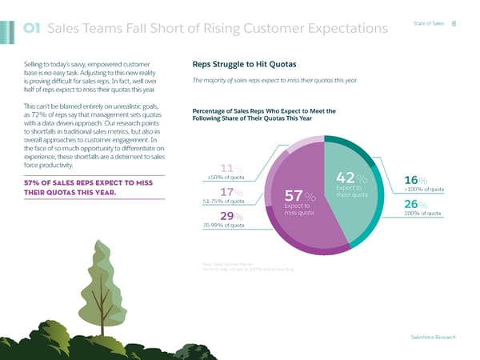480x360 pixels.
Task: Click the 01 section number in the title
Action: coord(34,28)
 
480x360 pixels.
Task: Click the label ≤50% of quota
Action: coord(225,177)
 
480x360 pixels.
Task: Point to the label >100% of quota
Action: coord(424,189)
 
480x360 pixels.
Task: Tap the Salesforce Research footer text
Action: coord(431,338)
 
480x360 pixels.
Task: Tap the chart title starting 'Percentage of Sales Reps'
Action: coord(263,114)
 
